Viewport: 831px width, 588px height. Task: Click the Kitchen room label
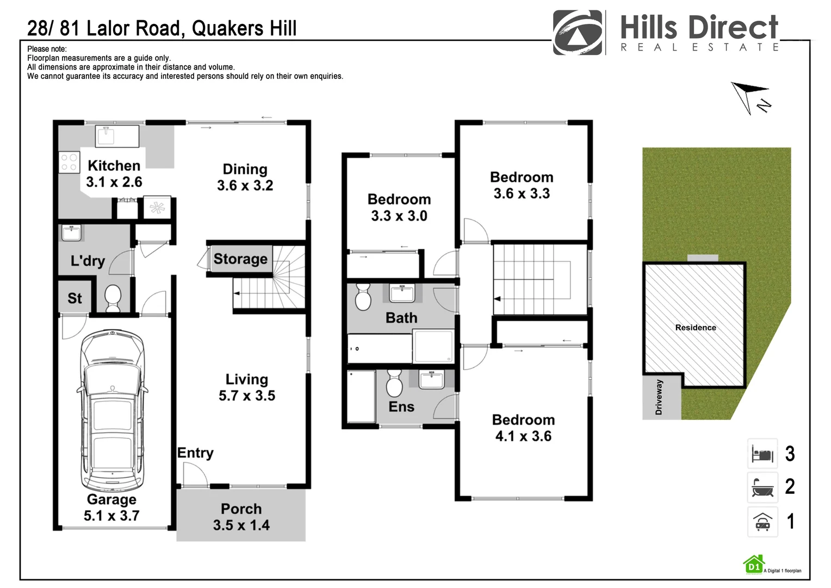[x=114, y=166]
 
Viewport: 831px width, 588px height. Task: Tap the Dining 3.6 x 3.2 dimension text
[x=245, y=186]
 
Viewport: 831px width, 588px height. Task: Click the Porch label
[x=241, y=509]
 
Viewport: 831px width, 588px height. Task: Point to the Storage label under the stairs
[x=240, y=259]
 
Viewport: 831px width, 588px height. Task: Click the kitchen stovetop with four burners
[x=69, y=162]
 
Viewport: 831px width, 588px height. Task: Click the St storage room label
[x=75, y=298]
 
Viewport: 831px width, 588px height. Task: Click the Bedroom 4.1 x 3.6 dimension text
[x=523, y=436]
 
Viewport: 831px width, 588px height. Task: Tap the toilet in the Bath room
[x=363, y=297]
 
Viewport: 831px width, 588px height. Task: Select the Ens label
[x=401, y=407]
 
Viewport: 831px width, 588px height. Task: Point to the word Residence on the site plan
[x=695, y=328]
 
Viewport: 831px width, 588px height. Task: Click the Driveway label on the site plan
[x=659, y=397]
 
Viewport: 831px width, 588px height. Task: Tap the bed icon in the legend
[x=762, y=454]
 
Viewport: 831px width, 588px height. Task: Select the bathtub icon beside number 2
[x=762, y=487]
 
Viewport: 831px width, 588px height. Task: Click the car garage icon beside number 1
[x=762, y=522]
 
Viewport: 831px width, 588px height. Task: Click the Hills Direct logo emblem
[x=578, y=32]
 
